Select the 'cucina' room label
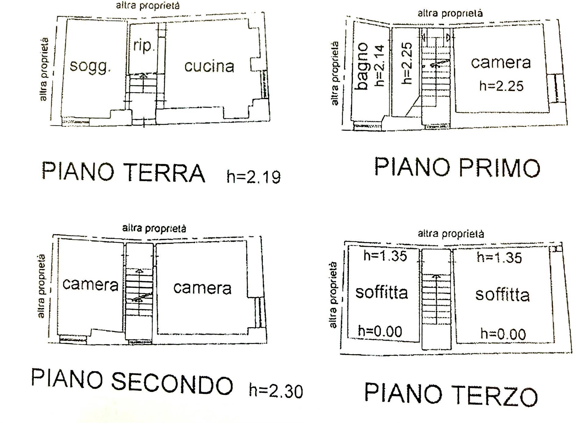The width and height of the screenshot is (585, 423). click(x=209, y=66)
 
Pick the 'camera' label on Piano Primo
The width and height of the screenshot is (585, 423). click(x=501, y=63)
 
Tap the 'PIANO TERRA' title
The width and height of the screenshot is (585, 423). click(x=123, y=173)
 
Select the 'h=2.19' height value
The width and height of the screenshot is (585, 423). click(x=253, y=177)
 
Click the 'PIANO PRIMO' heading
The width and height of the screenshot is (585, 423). click(x=457, y=167)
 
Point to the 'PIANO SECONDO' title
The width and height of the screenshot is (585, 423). click(x=132, y=382)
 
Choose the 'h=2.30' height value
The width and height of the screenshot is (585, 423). click(x=276, y=391)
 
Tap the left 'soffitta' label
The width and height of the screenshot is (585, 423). click(x=381, y=292)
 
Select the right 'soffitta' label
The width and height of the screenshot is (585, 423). click(x=502, y=295)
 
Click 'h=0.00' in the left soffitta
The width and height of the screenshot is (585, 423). click(x=380, y=331)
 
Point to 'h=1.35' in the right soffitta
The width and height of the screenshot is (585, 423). click(x=499, y=258)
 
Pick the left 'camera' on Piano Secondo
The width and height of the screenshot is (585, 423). click(x=90, y=285)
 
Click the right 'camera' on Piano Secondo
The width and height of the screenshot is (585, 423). click(x=202, y=288)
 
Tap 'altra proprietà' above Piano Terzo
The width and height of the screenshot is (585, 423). click(x=451, y=234)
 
